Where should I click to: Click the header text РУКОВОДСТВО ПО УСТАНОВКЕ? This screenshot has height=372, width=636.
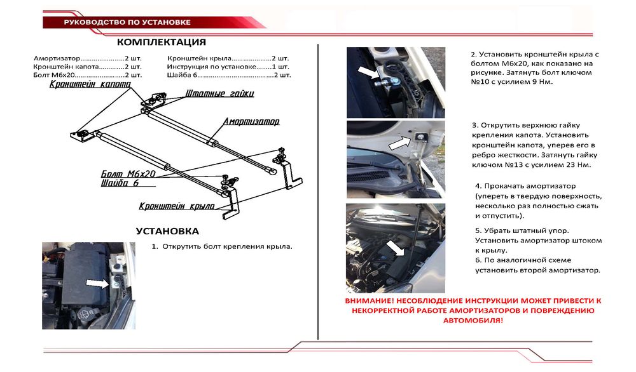127,22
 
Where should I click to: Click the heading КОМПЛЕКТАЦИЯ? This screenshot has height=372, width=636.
162,43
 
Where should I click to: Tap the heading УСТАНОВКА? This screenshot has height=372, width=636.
167,231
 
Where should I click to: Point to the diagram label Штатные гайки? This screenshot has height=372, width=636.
220,93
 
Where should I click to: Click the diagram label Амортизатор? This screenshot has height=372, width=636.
251,121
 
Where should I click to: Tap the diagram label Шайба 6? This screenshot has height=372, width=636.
119,183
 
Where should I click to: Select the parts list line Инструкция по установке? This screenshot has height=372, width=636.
228,66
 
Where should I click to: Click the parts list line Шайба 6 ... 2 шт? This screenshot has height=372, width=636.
228,75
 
